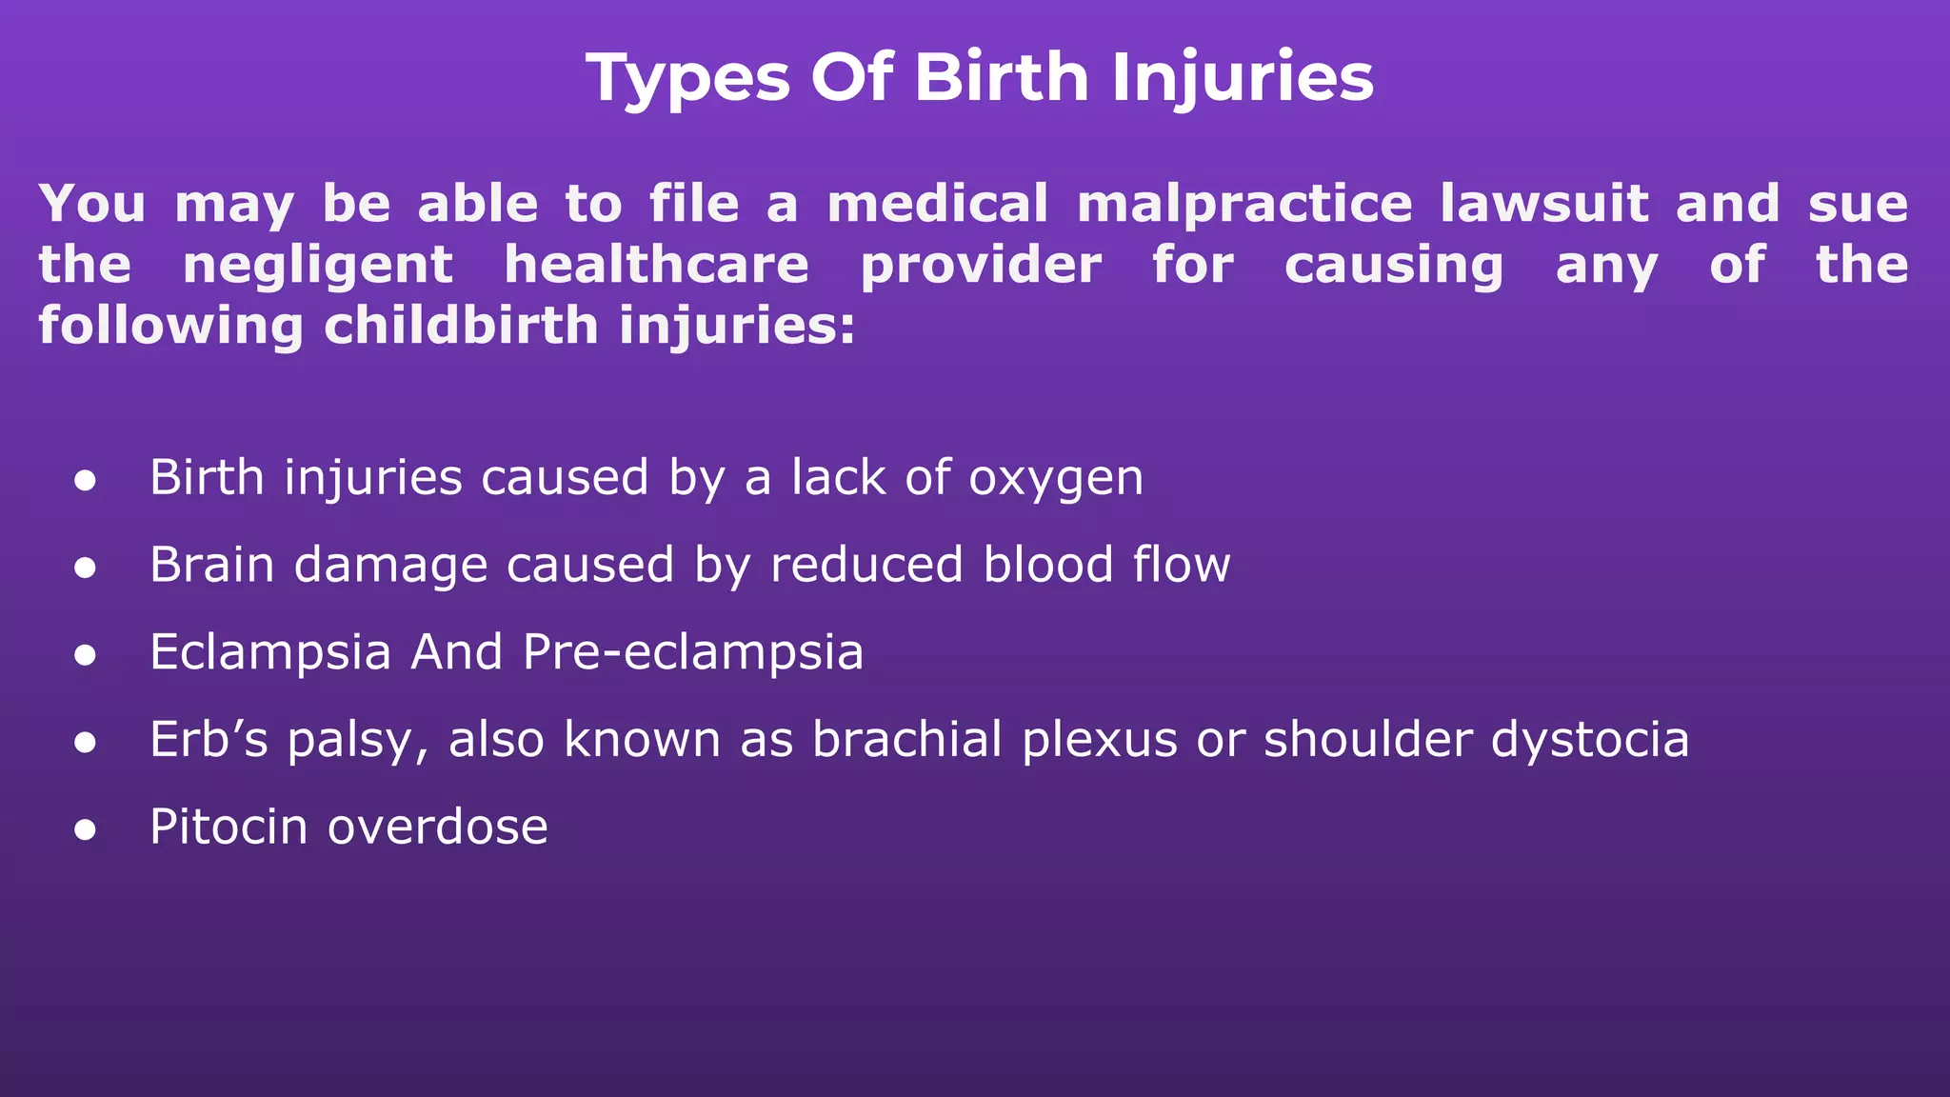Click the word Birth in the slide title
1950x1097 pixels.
point(1001,76)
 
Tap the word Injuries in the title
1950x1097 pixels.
point(1243,78)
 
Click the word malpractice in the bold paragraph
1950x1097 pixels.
point(1244,205)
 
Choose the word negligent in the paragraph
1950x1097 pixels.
point(317,267)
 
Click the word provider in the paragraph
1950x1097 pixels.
point(981,267)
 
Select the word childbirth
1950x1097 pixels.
point(461,326)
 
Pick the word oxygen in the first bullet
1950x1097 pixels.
point(1055,479)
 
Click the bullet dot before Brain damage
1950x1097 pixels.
point(86,568)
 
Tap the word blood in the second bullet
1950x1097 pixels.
point(1047,564)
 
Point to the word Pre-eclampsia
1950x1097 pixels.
point(692,653)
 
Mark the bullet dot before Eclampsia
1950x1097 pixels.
point(86,655)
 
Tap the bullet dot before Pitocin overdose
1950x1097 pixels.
point(86,829)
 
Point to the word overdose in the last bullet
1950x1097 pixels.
point(438,827)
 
